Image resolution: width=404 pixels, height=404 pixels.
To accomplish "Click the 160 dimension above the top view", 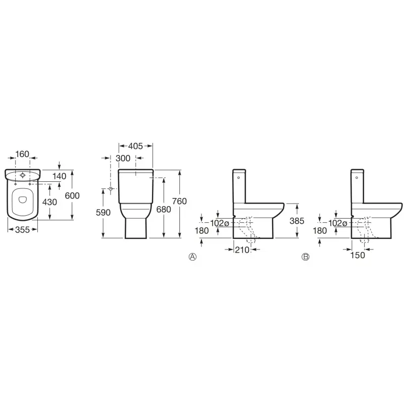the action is click(x=22, y=154).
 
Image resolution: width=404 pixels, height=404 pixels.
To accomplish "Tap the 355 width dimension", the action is click(x=22, y=230).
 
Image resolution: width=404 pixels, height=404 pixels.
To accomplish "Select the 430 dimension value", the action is click(x=49, y=202).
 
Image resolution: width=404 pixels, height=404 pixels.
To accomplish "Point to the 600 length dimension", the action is click(x=72, y=195).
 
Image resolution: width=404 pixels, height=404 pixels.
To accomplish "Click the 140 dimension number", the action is click(x=60, y=176).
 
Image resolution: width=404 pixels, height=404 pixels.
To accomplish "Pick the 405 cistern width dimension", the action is click(x=135, y=146).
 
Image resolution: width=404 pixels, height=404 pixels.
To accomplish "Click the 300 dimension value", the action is click(x=123, y=158).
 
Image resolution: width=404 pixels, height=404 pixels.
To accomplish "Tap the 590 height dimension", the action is click(x=103, y=212).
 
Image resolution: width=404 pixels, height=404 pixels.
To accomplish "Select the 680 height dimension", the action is click(x=164, y=209).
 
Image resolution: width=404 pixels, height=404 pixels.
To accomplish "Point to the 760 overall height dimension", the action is click(x=179, y=201).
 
